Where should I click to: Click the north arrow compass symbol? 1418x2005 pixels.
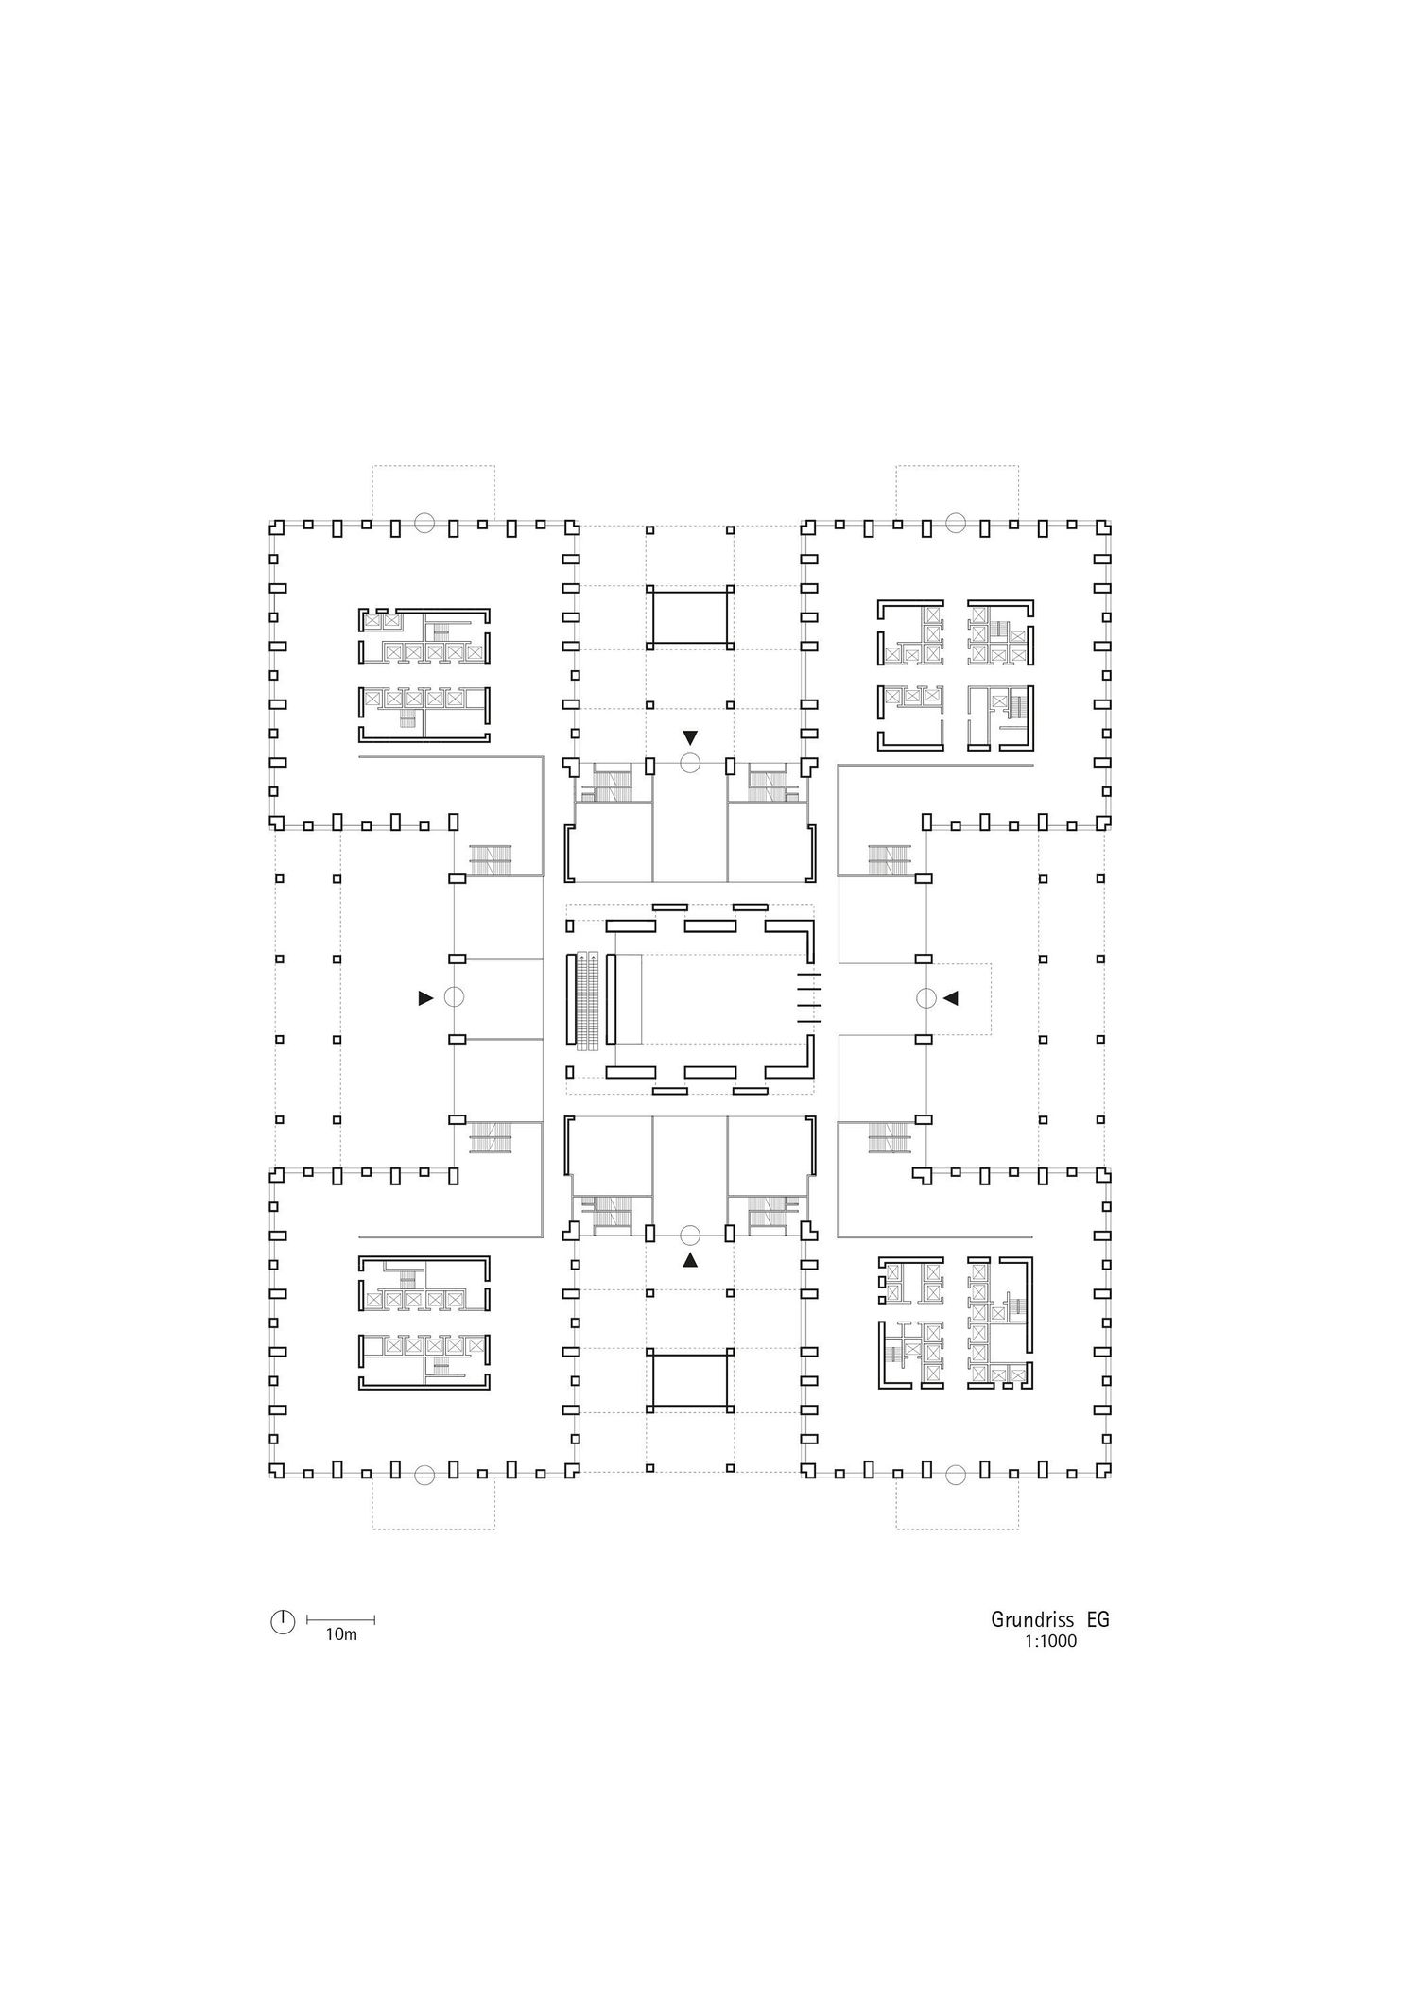point(283,1622)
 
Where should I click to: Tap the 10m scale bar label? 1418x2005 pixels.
point(341,1634)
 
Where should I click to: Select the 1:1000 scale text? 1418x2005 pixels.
point(1049,1642)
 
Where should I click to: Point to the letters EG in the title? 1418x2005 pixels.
point(1098,1619)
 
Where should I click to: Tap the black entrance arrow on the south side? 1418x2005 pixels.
point(691,1260)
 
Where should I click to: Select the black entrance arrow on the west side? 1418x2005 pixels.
point(425,997)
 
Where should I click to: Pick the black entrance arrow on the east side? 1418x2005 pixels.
point(951,997)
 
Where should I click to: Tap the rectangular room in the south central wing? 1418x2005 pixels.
point(690,1378)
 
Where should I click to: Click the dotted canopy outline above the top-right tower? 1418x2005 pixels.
point(957,465)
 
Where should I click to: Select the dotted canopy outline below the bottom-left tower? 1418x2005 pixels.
point(433,1529)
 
